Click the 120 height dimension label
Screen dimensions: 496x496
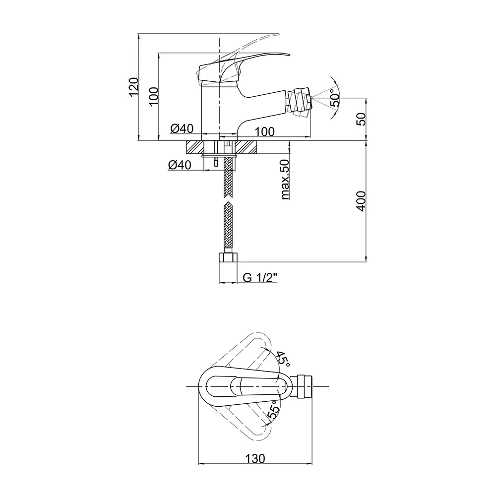tap(134, 87)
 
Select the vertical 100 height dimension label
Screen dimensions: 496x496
tap(153, 97)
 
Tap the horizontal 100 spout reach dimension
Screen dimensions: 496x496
tap(265, 131)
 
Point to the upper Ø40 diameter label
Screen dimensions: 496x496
tap(182, 128)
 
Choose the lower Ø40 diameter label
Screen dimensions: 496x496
tap(180, 165)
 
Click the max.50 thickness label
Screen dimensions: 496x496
tap(285, 180)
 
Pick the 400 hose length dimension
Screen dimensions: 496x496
tap(361, 201)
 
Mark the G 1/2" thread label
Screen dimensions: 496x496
tap(260, 278)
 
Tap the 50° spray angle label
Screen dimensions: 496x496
tap(335, 98)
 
